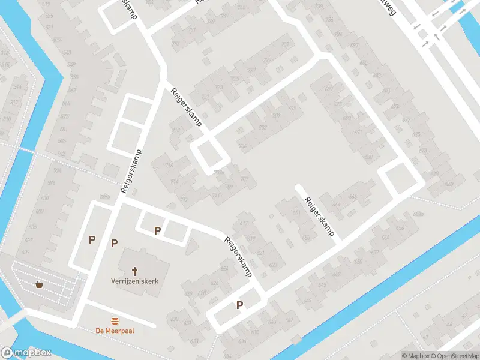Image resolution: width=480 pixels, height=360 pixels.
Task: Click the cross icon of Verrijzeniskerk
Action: pyautogui.click(x=136, y=271)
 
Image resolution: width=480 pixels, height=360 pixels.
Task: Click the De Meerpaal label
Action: pyautogui.click(x=114, y=331)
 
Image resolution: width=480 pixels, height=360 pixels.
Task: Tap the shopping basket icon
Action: pyautogui.click(x=40, y=284)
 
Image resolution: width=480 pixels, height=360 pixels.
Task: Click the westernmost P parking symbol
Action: pyautogui.click(x=92, y=239)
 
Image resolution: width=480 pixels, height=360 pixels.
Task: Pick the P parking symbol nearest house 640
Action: pyautogui.click(x=239, y=305)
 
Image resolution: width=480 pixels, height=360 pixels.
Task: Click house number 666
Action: pyautogui.click(x=353, y=196)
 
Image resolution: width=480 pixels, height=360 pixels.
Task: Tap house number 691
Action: pyautogui.click(x=358, y=132)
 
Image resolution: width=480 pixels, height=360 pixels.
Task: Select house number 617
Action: pyautogui.click(x=244, y=223)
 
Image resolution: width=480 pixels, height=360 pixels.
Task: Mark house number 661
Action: pyautogui.click(x=296, y=212)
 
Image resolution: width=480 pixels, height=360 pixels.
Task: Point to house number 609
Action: pyautogui.click(x=26, y=241)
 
